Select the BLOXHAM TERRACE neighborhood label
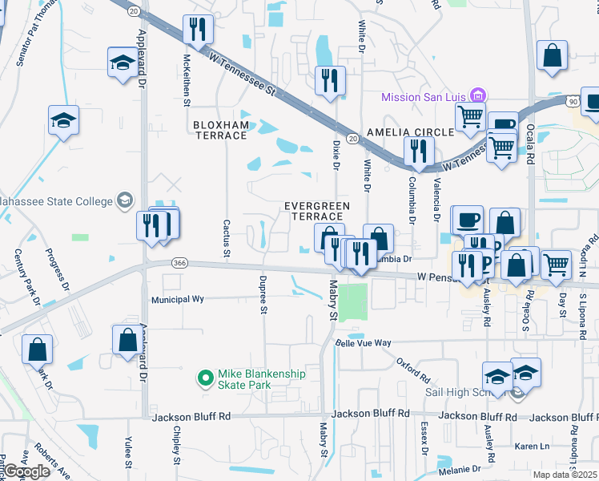tap(220, 130)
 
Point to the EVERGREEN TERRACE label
tap(317, 212)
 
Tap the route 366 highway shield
tap(180, 262)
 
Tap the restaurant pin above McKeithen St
tap(196, 30)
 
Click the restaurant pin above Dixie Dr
tap(330, 80)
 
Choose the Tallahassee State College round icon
tap(125, 200)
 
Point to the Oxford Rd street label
tap(413, 370)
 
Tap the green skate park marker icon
tap(205, 375)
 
